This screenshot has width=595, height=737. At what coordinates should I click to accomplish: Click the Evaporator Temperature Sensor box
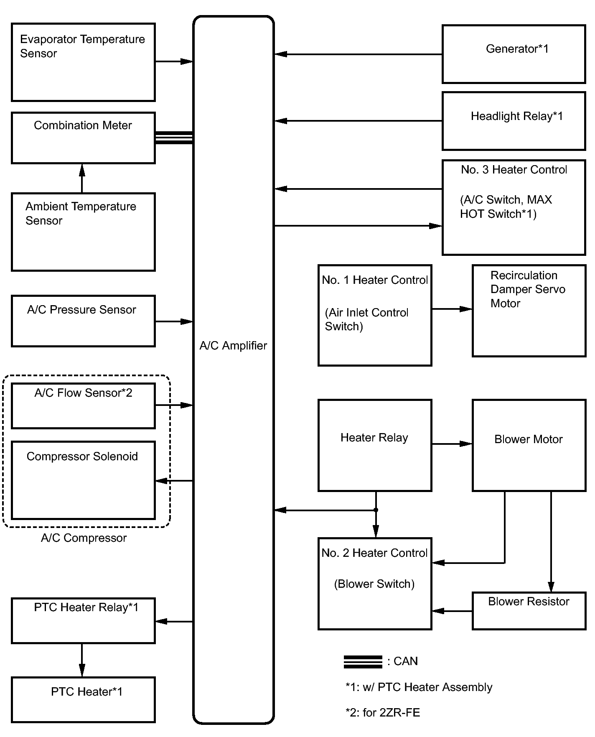(x=83, y=62)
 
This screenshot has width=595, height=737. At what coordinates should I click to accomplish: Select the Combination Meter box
(x=83, y=138)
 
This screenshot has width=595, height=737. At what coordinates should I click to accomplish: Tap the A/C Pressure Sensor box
(x=83, y=321)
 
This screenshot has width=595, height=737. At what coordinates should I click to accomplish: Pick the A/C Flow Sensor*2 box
(x=83, y=406)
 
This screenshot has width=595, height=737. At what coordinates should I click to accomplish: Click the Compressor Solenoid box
(x=83, y=480)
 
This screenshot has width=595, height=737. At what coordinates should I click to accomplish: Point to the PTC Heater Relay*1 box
(x=83, y=621)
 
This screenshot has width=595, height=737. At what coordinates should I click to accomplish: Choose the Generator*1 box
(x=514, y=54)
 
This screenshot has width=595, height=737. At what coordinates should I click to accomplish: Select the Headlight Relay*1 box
(x=514, y=121)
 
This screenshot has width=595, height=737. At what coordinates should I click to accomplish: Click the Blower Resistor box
(x=529, y=610)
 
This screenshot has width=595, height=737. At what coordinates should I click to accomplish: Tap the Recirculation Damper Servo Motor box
(x=529, y=311)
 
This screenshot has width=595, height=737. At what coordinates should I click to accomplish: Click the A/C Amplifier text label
(x=233, y=346)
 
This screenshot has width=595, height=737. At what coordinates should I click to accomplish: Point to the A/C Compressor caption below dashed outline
(x=84, y=538)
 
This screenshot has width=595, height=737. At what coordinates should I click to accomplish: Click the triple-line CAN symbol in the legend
(x=363, y=662)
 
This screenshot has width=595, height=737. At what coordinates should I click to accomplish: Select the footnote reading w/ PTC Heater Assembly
(x=419, y=687)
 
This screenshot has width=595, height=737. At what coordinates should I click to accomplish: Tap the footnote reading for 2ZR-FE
(x=383, y=712)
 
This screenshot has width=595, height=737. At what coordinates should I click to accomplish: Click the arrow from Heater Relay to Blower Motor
(x=452, y=444)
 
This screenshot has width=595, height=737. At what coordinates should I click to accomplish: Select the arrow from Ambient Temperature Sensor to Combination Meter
(x=82, y=178)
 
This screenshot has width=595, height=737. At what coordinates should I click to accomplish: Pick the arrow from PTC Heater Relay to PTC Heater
(x=82, y=660)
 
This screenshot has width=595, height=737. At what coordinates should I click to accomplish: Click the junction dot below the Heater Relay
(x=376, y=510)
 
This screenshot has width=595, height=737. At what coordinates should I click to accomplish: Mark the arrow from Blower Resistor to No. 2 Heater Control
(x=452, y=611)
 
